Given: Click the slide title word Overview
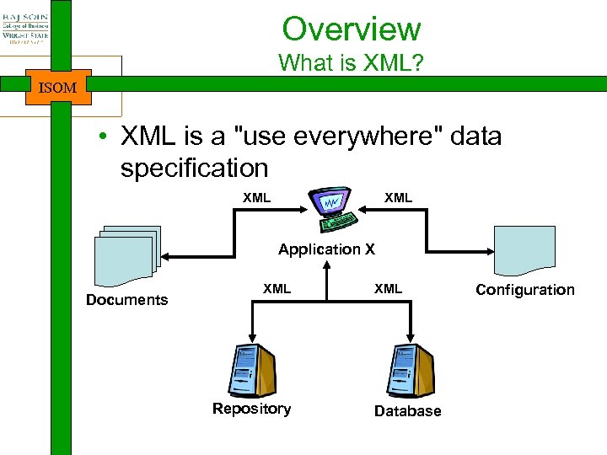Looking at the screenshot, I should tap(351, 29).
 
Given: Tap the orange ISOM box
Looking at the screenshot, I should tap(58, 86).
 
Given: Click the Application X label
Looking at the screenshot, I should tap(326, 249).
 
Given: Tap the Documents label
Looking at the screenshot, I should tap(126, 300).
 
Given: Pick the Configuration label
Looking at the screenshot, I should tap(524, 290).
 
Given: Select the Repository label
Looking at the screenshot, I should tap(251, 409).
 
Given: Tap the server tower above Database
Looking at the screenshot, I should tap(410, 371).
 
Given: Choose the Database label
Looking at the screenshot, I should tap(407, 411).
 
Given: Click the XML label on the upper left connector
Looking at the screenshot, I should tap(256, 198).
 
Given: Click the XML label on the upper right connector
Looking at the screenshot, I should tap(398, 198).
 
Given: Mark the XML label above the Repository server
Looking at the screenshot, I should tap(277, 289).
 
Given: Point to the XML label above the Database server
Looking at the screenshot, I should tap(388, 289).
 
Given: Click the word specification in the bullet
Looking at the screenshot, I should tap(194, 168).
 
